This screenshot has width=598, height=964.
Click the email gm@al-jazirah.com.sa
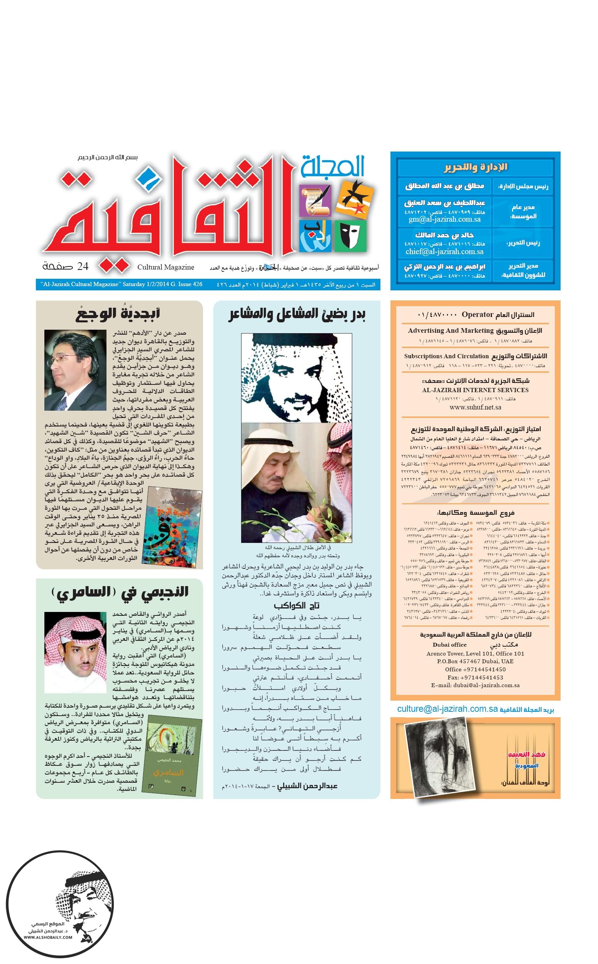point(444,219)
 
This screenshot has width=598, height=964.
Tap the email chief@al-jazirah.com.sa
point(444,251)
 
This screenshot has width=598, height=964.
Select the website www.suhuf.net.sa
point(475,407)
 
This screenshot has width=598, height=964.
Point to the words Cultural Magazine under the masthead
point(166,267)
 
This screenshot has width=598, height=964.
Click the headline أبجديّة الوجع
point(118,314)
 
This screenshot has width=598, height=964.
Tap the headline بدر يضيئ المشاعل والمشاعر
point(297,315)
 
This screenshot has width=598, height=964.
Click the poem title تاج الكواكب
point(296,605)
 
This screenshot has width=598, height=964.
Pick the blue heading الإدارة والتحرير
point(475,167)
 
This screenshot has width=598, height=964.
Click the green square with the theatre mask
point(350,236)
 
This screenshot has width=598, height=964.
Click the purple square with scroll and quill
point(315,201)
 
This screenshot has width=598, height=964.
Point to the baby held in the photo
point(316,518)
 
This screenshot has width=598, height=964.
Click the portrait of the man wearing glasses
point(75,370)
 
